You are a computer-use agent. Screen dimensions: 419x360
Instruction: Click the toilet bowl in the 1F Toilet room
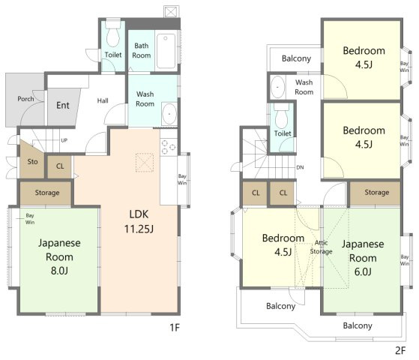(113, 34)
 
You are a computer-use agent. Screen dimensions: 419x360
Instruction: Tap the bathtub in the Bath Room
(166, 51)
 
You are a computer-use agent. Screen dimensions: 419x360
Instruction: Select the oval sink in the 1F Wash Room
(169, 114)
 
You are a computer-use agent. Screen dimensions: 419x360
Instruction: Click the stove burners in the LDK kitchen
(169, 147)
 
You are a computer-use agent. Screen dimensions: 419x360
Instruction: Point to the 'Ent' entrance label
(63, 106)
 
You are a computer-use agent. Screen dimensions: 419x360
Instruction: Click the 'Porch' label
(25, 99)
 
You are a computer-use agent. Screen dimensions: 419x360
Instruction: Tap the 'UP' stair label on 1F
(64, 140)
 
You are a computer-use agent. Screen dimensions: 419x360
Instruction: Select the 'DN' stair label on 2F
(300, 167)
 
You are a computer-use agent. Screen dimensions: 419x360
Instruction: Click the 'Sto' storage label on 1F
(32, 161)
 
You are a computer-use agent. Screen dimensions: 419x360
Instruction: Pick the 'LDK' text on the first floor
(139, 214)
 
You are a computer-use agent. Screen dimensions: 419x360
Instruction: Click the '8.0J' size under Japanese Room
(59, 271)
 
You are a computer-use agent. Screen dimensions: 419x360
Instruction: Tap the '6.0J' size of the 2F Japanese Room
(363, 271)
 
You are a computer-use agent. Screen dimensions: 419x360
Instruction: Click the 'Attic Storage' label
(322, 247)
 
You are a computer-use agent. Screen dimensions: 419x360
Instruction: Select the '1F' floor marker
(175, 327)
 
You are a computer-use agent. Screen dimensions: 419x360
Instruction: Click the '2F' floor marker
(400, 350)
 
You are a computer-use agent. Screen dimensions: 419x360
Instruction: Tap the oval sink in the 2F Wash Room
(277, 87)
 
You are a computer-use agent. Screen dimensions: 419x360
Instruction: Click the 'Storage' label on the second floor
(377, 192)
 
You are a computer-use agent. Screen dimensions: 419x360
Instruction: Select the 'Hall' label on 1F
(103, 100)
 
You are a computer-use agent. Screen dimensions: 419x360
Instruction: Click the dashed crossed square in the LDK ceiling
(145, 162)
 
